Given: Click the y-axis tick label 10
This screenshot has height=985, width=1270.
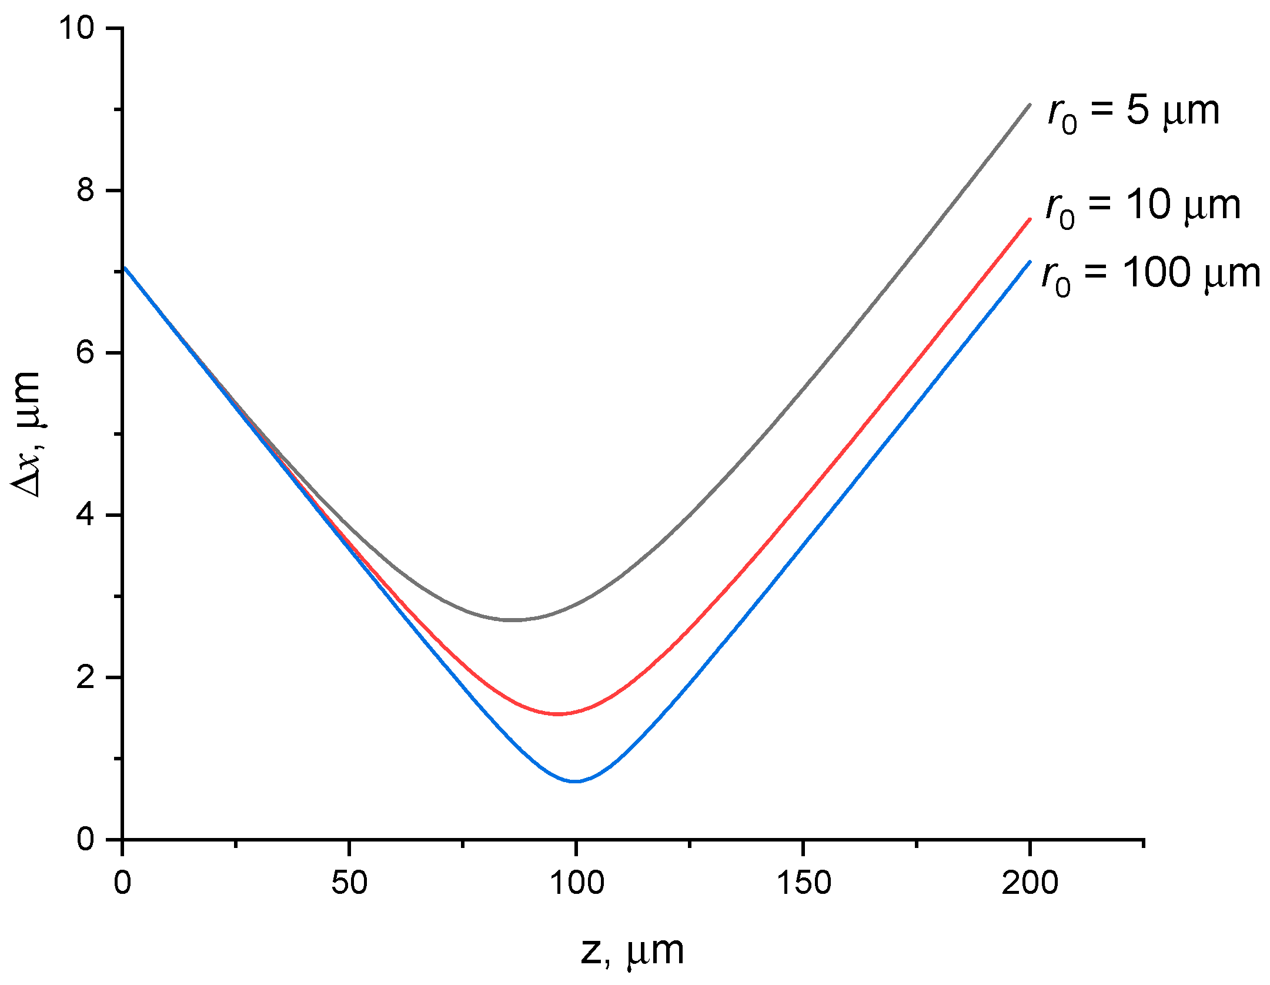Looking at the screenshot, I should (x=76, y=28).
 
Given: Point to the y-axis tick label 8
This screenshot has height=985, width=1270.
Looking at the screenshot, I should (x=86, y=191).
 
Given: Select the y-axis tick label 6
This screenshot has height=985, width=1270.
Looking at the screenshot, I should (x=86, y=353).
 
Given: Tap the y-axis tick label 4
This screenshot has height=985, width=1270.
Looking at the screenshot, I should (x=86, y=515).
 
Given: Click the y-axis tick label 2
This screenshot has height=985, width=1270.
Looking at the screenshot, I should (x=86, y=677).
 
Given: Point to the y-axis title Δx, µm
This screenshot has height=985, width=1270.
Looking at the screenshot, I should (x=26, y=435).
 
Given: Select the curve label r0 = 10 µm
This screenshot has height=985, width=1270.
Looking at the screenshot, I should (x=1143, y=208).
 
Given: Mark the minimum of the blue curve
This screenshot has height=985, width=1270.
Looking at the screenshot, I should (x=576, y=782).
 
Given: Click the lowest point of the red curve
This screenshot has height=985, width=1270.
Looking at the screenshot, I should (x=557, y=714).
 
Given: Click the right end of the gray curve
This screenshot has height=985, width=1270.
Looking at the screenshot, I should (x=1030, y=105).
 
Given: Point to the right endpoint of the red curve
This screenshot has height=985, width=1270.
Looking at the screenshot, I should (x=1030, y=219).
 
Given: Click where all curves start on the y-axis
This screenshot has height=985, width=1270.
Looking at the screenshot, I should (x=124, y=268).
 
